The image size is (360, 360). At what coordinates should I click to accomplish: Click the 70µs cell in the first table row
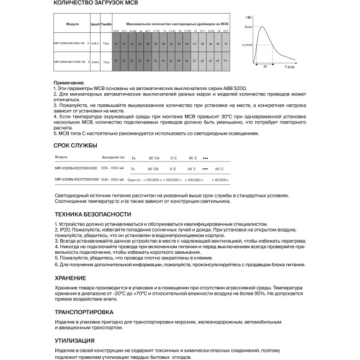[x=107, y=44]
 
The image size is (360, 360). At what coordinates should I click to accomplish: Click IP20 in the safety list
[x=64, y=228]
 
